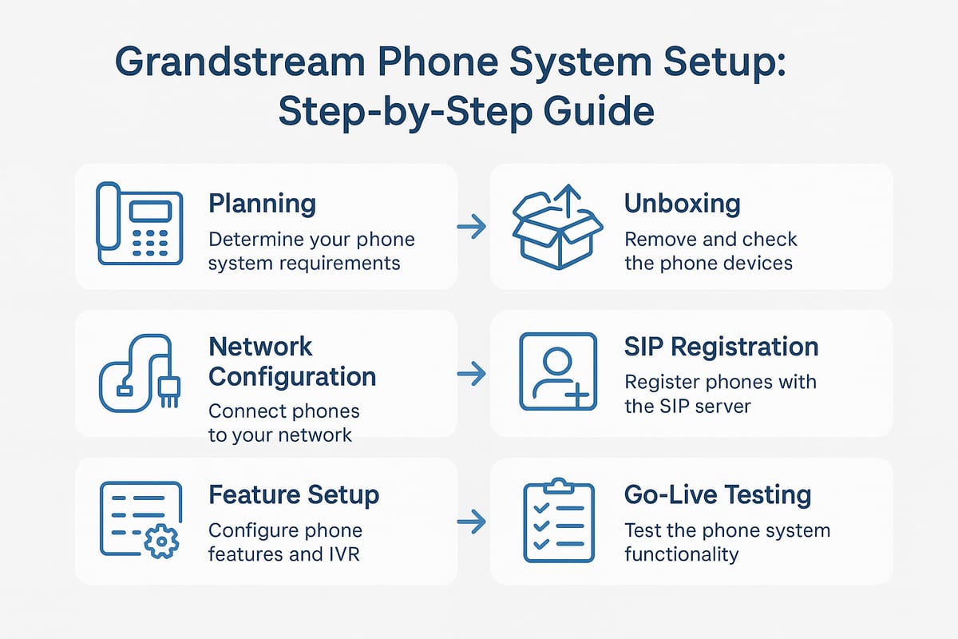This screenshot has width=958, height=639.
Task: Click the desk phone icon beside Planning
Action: [x=137, y=224]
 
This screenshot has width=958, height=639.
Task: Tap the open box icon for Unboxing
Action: [x=556, y=228]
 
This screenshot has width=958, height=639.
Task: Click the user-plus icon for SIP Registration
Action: [x=557, y=372]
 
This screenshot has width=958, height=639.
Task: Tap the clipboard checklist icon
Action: [x=557, y=520]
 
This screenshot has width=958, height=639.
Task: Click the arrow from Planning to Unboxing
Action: [x=473, y=228]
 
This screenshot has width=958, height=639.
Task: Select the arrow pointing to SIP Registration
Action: [x=473, y=373]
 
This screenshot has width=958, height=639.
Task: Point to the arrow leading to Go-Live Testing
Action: [x=473, y=522]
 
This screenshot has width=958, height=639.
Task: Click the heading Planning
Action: [x=262, y=204]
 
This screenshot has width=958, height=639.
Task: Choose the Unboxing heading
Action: [x=682, y=204]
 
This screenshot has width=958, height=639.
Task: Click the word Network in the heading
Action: [x=260, y=347]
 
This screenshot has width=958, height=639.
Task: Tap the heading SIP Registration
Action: [x=721, y=347]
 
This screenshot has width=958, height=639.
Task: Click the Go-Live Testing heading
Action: [x=717, y=494]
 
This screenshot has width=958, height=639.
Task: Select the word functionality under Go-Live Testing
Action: [x=681, y=554]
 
